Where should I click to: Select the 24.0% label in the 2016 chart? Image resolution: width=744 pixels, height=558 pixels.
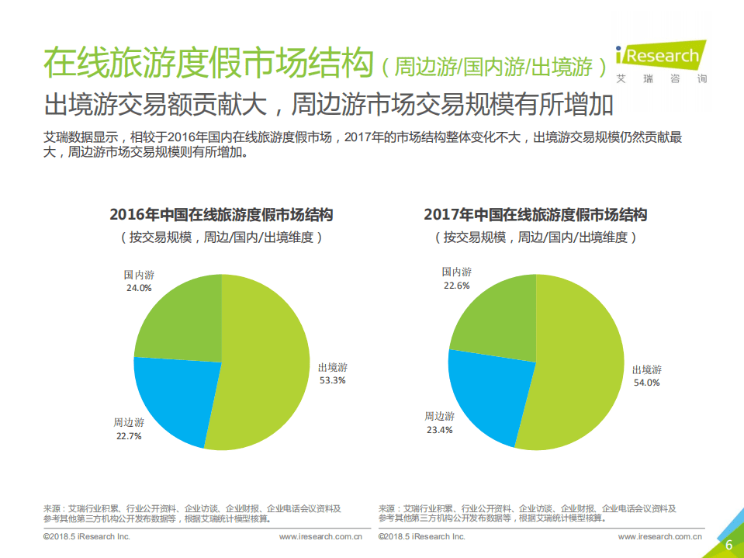139,287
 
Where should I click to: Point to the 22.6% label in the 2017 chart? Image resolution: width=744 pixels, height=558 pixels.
456,286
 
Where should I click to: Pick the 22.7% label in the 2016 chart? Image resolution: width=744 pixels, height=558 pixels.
129,436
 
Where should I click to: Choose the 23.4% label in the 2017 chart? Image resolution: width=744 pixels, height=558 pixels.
439,430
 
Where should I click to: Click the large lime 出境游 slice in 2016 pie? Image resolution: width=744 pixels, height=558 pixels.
264,365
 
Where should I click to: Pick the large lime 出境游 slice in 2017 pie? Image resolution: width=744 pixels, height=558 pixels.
578,365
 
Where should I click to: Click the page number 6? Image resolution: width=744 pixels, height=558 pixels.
728,545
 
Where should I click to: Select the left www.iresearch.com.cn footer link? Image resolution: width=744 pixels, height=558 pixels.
321,536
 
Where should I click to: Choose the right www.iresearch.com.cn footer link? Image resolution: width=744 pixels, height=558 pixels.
660,536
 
